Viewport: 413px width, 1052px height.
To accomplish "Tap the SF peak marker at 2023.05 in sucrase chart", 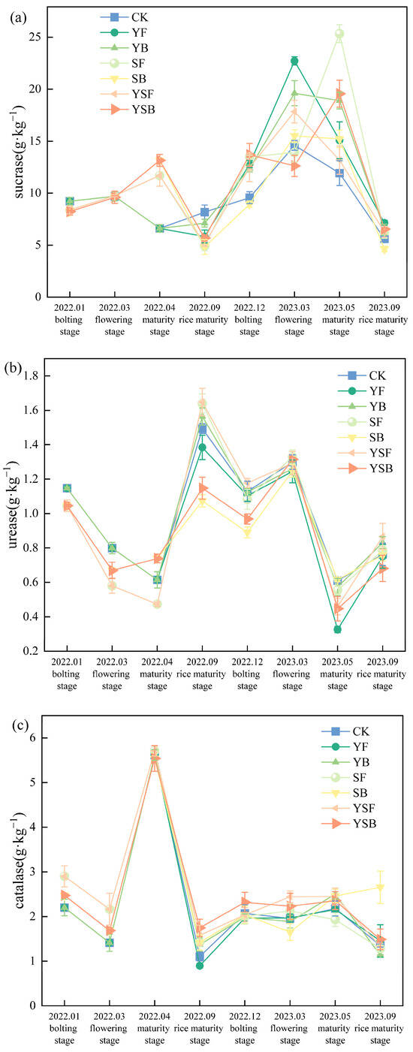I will point(339,34).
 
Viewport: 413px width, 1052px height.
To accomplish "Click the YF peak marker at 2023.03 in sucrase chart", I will point(294,61).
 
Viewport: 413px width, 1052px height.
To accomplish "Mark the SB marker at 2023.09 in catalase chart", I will point(381,888).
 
